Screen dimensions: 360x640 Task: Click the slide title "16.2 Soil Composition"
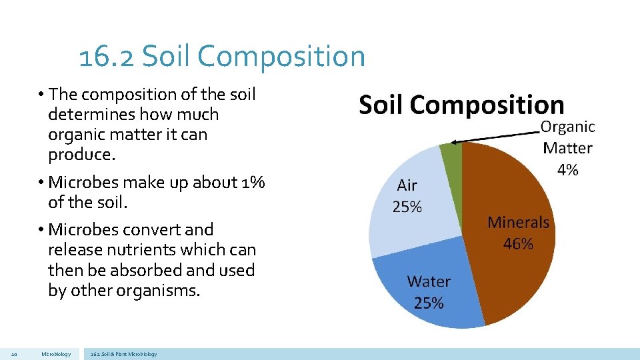(x=222, y=56)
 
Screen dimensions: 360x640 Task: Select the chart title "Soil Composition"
(x=461, y=105)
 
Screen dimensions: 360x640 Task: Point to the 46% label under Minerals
(x=518, y=244)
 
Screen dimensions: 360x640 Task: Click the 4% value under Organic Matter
(x=567, y=170)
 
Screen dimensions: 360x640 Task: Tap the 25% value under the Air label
(x=407, y=207)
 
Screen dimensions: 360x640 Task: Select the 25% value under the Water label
(x=429, y=303)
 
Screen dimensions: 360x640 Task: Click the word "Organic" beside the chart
(x=567, y=127)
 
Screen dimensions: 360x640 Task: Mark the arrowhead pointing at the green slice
(x=453, y=141)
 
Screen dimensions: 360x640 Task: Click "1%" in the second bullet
(x=252, y=182)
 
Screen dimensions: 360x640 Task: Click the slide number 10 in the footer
(x=15, y=354)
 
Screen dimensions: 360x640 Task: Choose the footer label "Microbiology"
(x=55, y=354)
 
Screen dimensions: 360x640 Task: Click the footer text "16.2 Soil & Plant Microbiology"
(x=123, y=354)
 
